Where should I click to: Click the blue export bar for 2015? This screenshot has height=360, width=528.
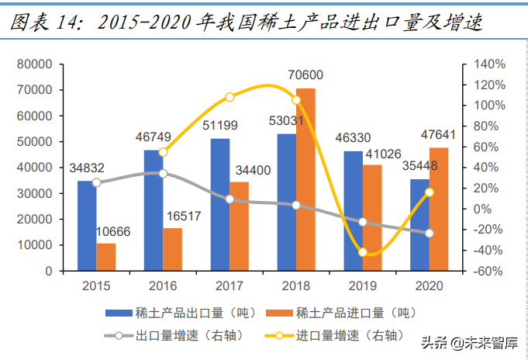(x=87, y=226)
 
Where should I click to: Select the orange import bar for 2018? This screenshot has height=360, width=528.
(x=305, y=179)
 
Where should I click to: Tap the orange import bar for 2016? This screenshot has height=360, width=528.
(x=172, y=249)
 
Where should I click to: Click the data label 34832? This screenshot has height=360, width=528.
(x=86, y=167)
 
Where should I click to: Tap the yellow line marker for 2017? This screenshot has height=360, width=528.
(x=229, y=97)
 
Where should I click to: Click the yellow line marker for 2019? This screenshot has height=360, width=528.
(x=363, y=251)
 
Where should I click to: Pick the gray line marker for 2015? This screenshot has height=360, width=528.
(x=96, y=182)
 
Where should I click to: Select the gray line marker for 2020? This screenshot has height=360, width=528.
(x=430, y=233)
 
